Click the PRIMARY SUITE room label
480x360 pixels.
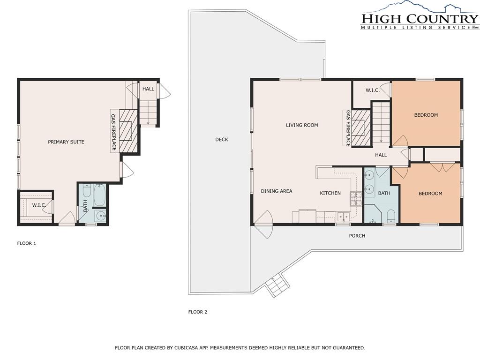pyautogui.click(x=66, y=142)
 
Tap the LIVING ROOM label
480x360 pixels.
pyautogui.click(x=302, y=125)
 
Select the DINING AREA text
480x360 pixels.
pyautogui.click(x=277, y=191)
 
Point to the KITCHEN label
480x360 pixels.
pyautogui.click(x=330, y=193)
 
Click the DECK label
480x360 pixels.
pyautogui.click(x=222, y=140)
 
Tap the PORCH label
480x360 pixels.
pyautogui.click(x=357, y=236)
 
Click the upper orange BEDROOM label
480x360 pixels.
pyautogui.click(x=426, y=115)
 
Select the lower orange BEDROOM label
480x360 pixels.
pyautogui.click(x=430, y=194)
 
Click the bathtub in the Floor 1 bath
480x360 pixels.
pyautogui.click(x=99, y=195)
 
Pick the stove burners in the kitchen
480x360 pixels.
pyautogui.click(x=356, y=198)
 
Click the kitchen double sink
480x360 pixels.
pyautogui.click(x=343, y=217)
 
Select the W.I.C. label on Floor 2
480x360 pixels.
pyautogui.click(x=373, y=90)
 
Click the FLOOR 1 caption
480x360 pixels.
pyautogui.click(x=27, y=243)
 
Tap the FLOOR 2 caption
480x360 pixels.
pyautogui.click(x=198, y=312)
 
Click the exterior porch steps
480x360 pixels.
pyautogui.click(x=277, y=285)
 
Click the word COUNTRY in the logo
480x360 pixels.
pyautogui.click(x=442, y=18)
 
